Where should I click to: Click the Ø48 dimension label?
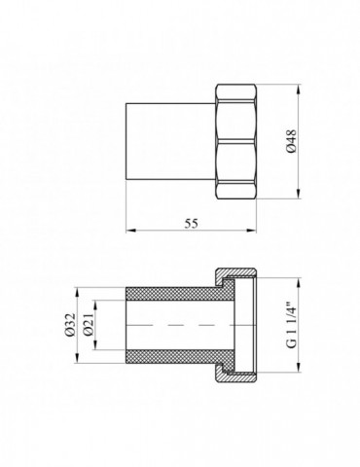coord(292,141)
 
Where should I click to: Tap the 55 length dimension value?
coord(191,224)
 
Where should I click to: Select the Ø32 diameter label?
coord(70,325)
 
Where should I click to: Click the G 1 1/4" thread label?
coord(292,325)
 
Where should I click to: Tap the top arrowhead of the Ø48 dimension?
coord(298,89)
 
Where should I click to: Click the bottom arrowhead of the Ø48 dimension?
coord(298,194)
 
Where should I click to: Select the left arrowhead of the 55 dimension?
coord(130,231)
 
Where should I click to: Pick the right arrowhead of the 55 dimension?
coord(252,231)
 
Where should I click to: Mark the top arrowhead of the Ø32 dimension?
coord(77,292)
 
